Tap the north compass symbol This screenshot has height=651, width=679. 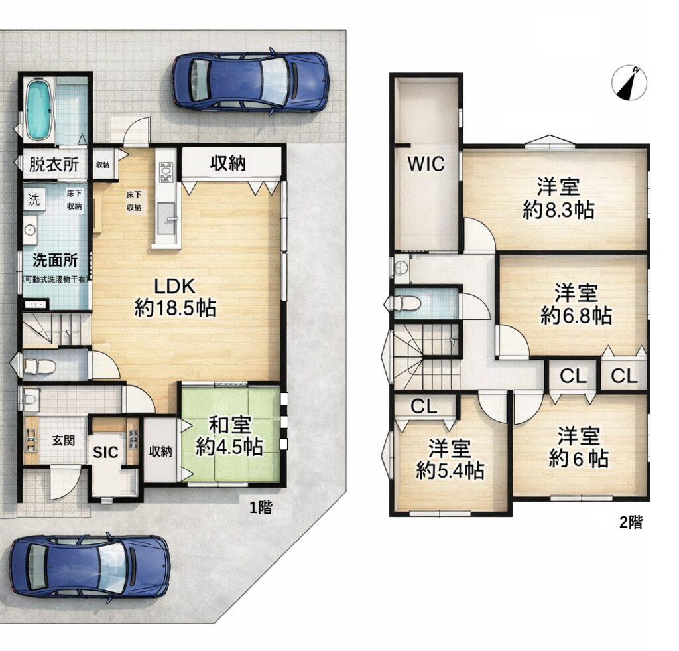click(629, 84)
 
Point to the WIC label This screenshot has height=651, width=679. click(426, 164)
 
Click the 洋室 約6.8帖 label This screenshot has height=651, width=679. click(576, 304)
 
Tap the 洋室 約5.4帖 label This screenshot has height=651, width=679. click(450, 459)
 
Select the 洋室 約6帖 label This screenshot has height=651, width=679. click(578, 447)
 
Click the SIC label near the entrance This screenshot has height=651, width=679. click(105, 452)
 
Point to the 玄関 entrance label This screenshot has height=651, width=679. click(64, 441)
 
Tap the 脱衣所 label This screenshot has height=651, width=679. click(54, 165)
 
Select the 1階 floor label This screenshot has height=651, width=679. click(261, 507)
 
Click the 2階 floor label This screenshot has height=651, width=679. click(631, 522)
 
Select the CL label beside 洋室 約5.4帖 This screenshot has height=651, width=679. click(424, 407)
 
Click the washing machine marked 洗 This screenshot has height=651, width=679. click(34, 200)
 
